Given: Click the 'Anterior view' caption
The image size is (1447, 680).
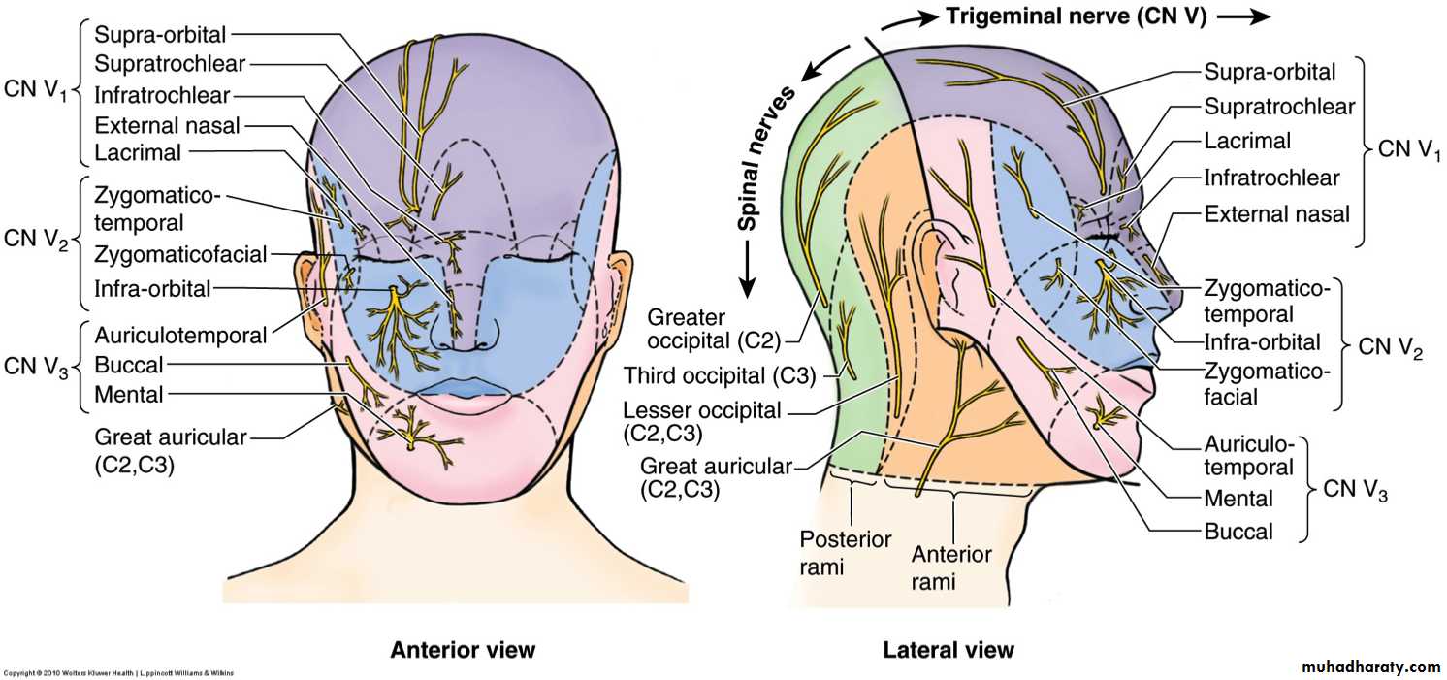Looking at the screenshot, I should [462, 649].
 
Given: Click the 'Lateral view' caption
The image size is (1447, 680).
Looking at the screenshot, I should [948, 649].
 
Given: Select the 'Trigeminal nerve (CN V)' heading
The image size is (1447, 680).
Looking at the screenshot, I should [1077, 16].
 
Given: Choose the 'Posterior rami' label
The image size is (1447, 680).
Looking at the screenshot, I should [845, 552].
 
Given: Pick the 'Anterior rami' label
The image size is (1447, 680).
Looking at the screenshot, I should [951, 567].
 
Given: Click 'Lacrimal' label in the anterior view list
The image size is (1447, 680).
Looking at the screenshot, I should [138, 152].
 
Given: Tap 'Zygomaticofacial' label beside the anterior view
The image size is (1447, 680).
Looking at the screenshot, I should [180, 255].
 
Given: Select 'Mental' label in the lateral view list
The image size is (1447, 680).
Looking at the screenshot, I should [1238, 499].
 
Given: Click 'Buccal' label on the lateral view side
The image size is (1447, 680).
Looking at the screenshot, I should [1238, 531].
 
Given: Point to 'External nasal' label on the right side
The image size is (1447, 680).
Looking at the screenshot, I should [1276, 213].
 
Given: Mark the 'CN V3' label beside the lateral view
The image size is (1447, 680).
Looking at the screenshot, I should [1356, 491].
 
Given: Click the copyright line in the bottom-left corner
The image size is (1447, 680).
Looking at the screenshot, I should [117, 672].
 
